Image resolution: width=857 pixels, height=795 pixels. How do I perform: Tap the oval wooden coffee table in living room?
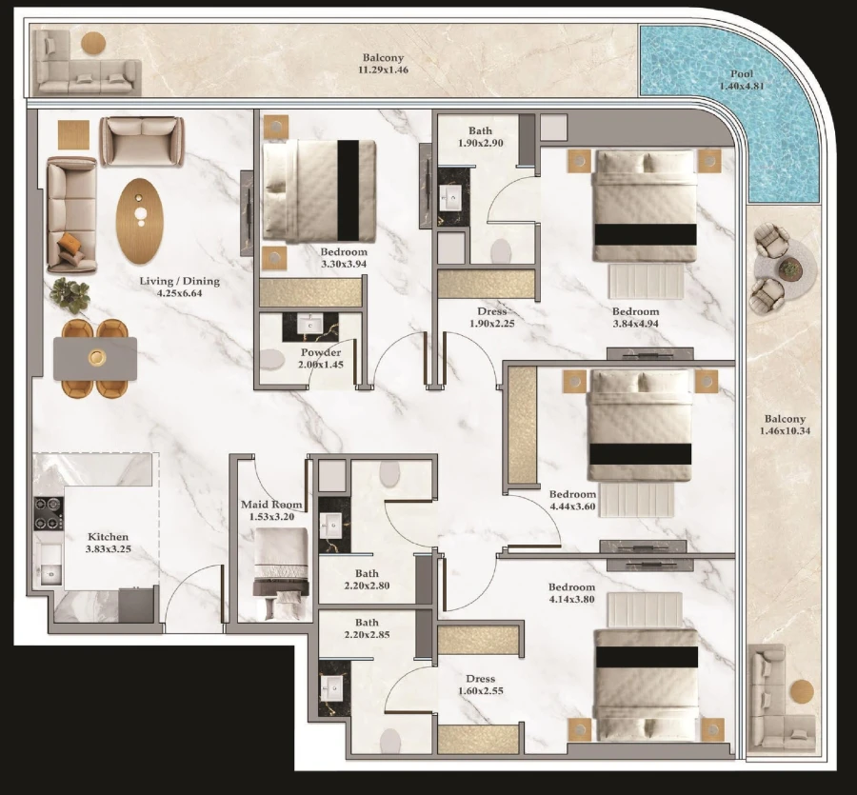point(140,220)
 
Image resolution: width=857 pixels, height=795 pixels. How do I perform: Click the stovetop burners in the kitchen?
point(48,514)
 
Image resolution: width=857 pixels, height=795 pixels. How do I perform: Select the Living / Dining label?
point(179,288)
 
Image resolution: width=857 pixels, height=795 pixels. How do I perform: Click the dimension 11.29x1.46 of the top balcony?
point(383,70)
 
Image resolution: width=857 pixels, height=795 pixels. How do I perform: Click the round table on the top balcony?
point(93,43)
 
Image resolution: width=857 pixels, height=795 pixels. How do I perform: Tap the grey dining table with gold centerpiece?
point(95,358)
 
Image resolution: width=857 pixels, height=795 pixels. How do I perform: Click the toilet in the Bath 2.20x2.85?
point(390,741)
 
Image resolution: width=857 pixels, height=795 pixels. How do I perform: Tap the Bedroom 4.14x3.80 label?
point(571,594)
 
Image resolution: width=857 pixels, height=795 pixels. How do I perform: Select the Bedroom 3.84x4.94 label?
point(635,318)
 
